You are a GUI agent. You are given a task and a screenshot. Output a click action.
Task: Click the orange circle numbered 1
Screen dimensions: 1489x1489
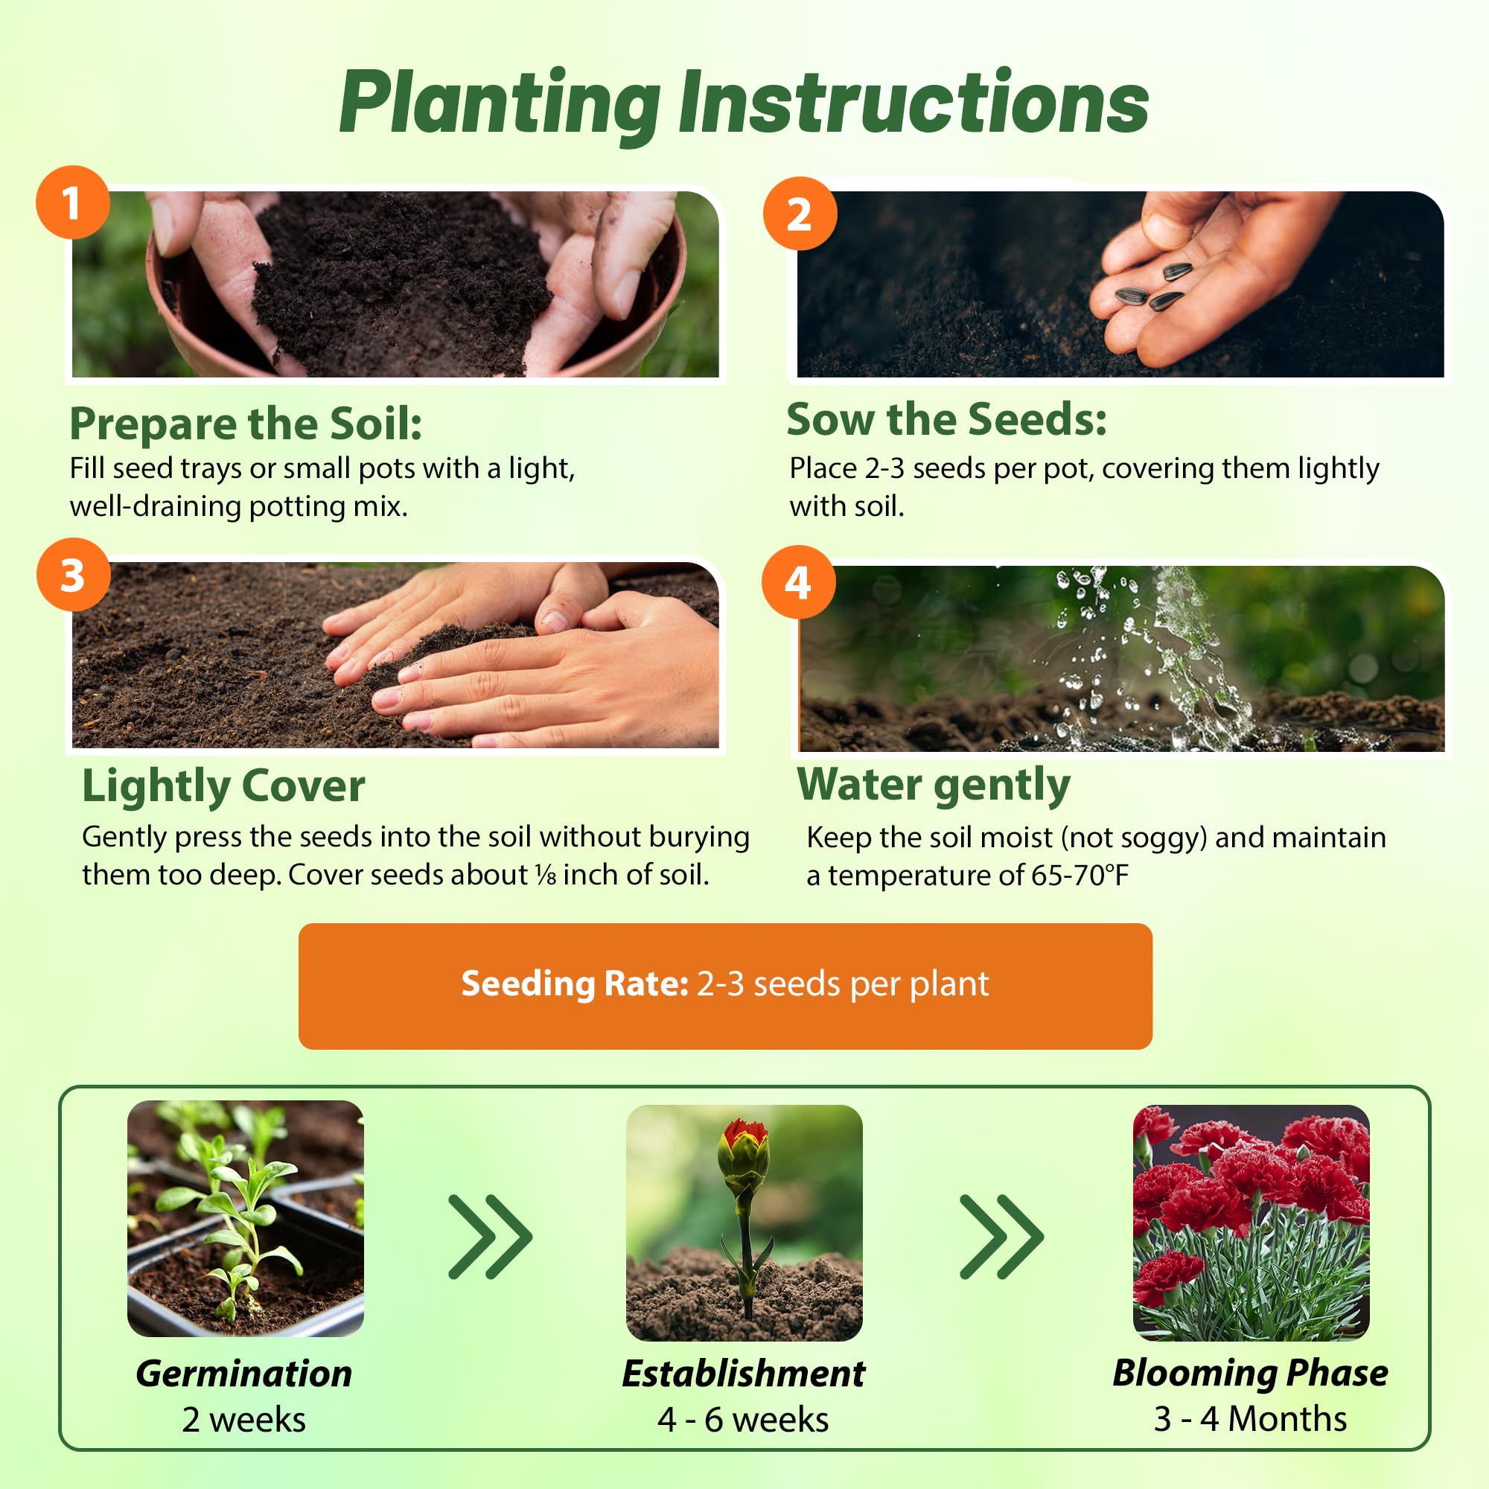click(72, 203)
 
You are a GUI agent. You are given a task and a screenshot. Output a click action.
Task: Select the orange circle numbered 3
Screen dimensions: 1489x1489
click(73, 575)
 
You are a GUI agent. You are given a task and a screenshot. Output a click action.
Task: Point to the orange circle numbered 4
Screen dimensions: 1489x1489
click(798, 583)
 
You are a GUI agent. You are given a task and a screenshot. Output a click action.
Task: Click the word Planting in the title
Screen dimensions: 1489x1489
click(500, 105)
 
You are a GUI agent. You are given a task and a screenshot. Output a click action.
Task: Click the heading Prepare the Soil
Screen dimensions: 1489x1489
click(246, 423)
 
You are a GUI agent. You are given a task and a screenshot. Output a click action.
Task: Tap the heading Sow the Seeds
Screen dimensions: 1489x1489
click(946, 419)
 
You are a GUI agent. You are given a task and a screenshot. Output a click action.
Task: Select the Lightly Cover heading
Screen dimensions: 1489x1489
click(223, 787)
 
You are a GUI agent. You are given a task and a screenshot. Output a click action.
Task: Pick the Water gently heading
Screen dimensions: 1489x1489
click(934, 785)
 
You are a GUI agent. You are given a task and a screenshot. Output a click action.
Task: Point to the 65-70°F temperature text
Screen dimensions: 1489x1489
click(1079, 876)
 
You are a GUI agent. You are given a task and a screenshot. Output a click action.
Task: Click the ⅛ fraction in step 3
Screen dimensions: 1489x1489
click(546, 875)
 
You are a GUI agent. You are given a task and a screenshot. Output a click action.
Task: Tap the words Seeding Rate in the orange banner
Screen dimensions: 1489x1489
click(574, 983)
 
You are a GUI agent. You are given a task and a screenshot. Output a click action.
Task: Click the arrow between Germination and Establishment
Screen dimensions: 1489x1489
click(490, 1237)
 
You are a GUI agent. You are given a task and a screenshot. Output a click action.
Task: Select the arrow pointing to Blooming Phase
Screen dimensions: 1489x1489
click(1001, 1237)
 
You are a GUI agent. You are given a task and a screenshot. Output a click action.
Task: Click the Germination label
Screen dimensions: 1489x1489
click(243, 1374)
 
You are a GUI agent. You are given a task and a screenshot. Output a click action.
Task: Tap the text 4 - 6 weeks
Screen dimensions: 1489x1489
click(743, 1420)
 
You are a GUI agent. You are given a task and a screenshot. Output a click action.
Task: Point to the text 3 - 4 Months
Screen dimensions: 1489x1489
click(1250, 1419)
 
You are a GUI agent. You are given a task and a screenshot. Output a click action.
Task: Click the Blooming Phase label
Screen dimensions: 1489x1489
click(1250, 1374)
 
